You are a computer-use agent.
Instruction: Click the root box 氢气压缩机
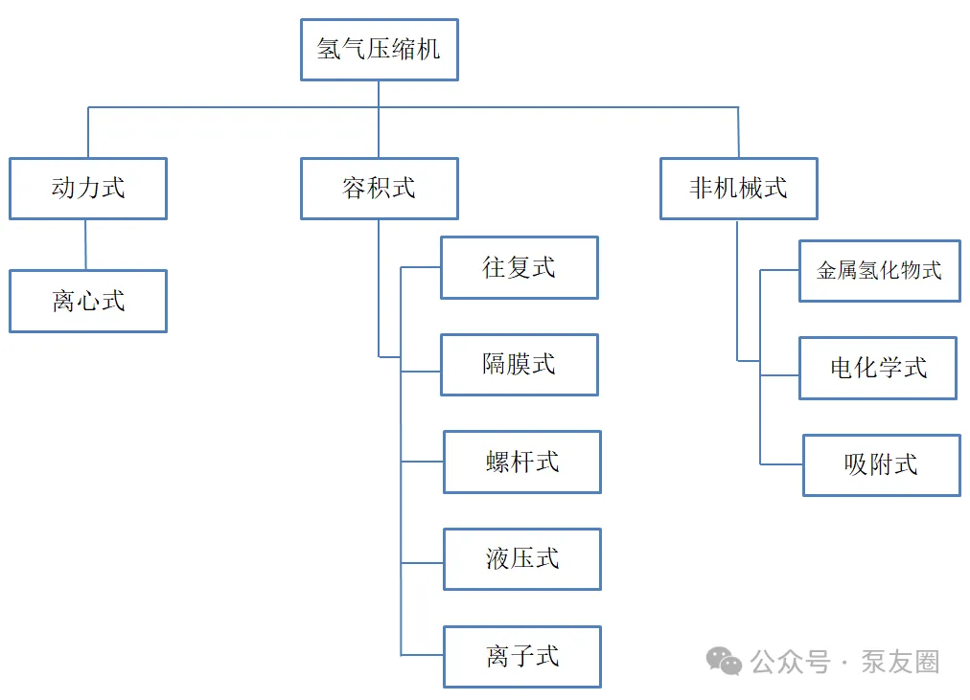(x=379, y=50)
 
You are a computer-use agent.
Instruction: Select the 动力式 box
(x=88, y=189)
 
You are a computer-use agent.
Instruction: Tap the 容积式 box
(x=379, y=189)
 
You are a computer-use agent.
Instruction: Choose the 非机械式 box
(x=738, y=189)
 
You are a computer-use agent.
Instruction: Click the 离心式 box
(x=88, y=302)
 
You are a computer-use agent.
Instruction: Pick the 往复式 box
(x=519, y=268)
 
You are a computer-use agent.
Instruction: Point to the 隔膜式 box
(x=519, y=365)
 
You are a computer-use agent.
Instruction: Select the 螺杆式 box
(x=521, y=463)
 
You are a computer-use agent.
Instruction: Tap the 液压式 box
(x=521, y=559)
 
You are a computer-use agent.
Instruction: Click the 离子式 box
(x=521, y=657)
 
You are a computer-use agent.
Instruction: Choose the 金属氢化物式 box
(x=879, y=271)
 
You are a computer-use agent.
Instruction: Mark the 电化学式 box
(x=878, y=368)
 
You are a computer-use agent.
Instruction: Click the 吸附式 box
(x=881, y=465)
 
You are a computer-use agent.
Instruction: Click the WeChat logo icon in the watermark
(x=724, y=661)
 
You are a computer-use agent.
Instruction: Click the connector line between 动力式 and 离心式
(x=86, y=245)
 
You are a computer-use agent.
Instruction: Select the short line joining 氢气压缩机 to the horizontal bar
(x=379, y=94)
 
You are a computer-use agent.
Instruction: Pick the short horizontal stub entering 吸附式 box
(x=781, y=464)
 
